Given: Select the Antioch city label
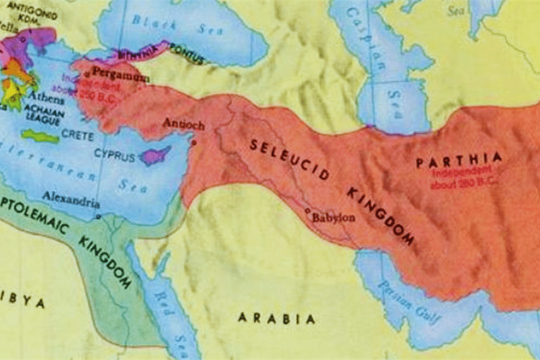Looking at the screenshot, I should click(x=184, y=125).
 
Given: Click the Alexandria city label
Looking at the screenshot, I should click(x=70, y=197).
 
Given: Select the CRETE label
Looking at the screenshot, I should click(x=78, y=136).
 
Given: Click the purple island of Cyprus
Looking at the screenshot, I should click(x=154, y=156).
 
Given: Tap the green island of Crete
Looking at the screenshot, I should click(x=40, y=137).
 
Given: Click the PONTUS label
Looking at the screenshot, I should click(x=187, y=52).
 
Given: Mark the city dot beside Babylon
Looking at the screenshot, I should click(x=307, y=211).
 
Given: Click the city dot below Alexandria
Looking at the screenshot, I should click(x=98, y=217).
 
